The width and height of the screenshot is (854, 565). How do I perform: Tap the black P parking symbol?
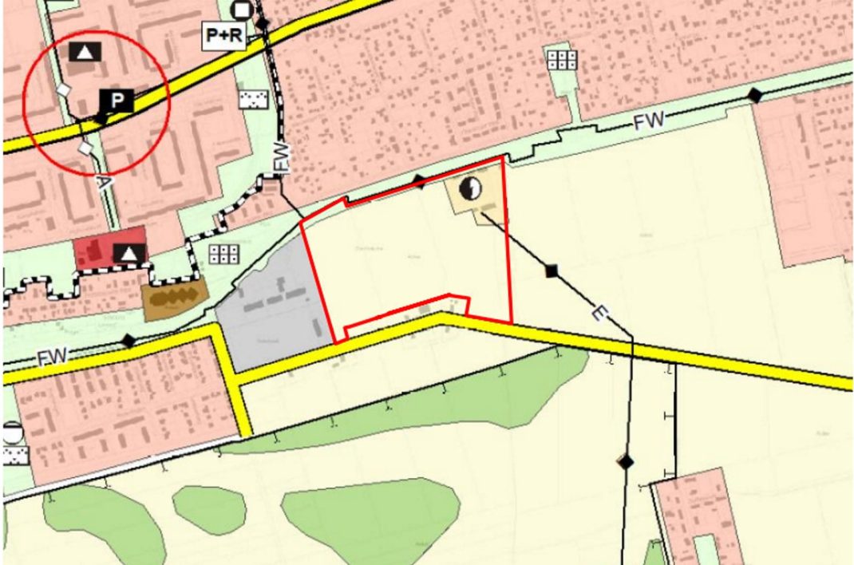(x=117, y=101)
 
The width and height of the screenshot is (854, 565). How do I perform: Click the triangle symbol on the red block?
(x=128, y=255)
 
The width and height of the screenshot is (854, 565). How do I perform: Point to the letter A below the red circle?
(x=101, y=181)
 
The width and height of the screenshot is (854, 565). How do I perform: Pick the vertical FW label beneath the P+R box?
(x=282, y=157)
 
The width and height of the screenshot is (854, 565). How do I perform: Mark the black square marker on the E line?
(x=551, y=271)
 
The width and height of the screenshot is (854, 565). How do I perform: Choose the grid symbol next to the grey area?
(x=224, y=254)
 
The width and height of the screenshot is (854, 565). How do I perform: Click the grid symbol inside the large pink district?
(x=563, y=59)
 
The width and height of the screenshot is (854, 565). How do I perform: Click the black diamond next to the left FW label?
(x=128, y=341)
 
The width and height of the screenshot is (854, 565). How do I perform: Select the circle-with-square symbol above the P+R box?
(x=240, y=10)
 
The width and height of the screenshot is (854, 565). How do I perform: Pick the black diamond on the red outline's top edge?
(x=420, y=182)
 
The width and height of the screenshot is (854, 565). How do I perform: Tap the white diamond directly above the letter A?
(x=86, y=148)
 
